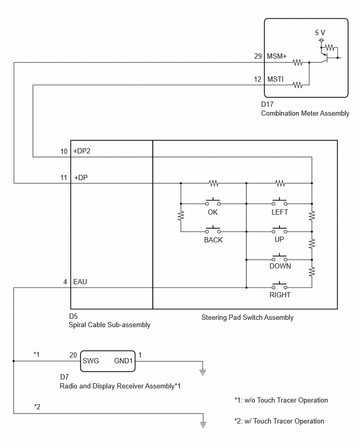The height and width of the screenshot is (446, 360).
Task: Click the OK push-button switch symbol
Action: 213,202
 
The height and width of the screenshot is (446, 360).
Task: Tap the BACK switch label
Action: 213,240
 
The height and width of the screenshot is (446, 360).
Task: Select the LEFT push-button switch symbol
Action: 279,202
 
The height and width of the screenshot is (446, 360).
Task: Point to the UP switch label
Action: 279,240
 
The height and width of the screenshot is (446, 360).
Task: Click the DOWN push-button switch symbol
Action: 279,257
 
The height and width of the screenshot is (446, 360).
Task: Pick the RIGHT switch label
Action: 280,295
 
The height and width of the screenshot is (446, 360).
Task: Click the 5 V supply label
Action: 320,32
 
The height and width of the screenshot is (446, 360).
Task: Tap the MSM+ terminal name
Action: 277,57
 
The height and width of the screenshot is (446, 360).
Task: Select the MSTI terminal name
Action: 275,80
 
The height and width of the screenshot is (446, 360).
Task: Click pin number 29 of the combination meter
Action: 258,57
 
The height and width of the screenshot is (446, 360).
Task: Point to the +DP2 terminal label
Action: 82,151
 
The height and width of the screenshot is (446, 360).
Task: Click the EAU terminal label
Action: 80,282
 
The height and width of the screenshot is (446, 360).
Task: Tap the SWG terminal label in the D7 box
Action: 91,361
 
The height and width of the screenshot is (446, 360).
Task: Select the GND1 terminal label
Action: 123,361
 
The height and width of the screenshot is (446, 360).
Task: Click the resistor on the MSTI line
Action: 297,85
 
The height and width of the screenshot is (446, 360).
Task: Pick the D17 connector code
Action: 267,104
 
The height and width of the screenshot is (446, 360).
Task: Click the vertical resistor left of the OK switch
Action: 181,216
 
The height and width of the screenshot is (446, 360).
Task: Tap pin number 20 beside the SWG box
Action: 73,355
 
